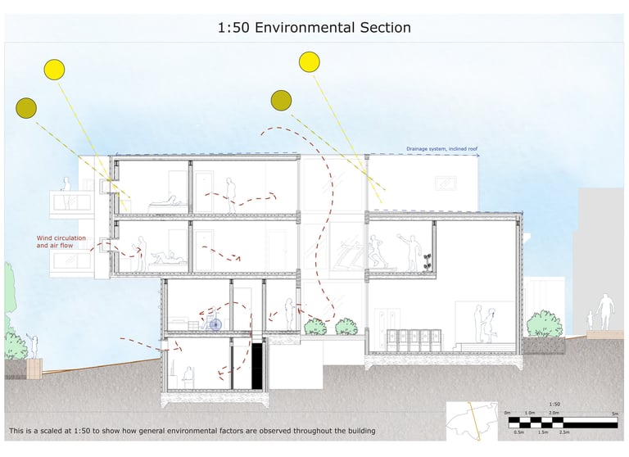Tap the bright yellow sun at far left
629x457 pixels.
click(x=54, y=70)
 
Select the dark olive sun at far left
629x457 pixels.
click(x=26, y=106)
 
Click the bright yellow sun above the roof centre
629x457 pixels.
click(x=309, y=61)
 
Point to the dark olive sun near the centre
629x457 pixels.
click(x=281, y=100)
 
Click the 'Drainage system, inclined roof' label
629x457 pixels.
click(x=441, y=150)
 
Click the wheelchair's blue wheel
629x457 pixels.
click(x=215, y=324)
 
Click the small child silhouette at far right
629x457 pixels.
click(x=590, y=319)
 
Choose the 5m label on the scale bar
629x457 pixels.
click(x=614, y=413)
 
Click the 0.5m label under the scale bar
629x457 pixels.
click(x=518, y=432)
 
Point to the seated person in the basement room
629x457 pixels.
click(x=188, y=377)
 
